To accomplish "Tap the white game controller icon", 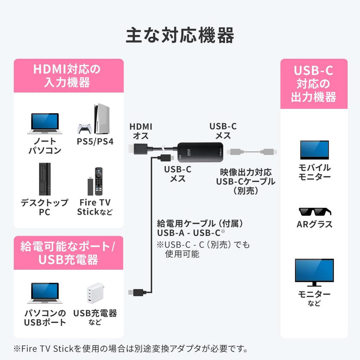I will [x=84, y=129].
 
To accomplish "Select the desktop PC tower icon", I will [x=45, y=179].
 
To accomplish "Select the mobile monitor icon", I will [x=314, y=150].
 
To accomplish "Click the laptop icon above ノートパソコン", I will [x=45, y=123].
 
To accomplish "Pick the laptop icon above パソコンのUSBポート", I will [x=45, y=293].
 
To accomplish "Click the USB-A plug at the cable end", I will [x=136, y=292].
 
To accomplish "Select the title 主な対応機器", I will [x=180, y=35].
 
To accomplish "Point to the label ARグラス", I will [x=314, y=224].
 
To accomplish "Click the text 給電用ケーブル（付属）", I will [x=200, y=223].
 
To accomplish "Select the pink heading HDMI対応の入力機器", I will [x=68, y=76].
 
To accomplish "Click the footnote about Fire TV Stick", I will [x=130, y=349].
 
